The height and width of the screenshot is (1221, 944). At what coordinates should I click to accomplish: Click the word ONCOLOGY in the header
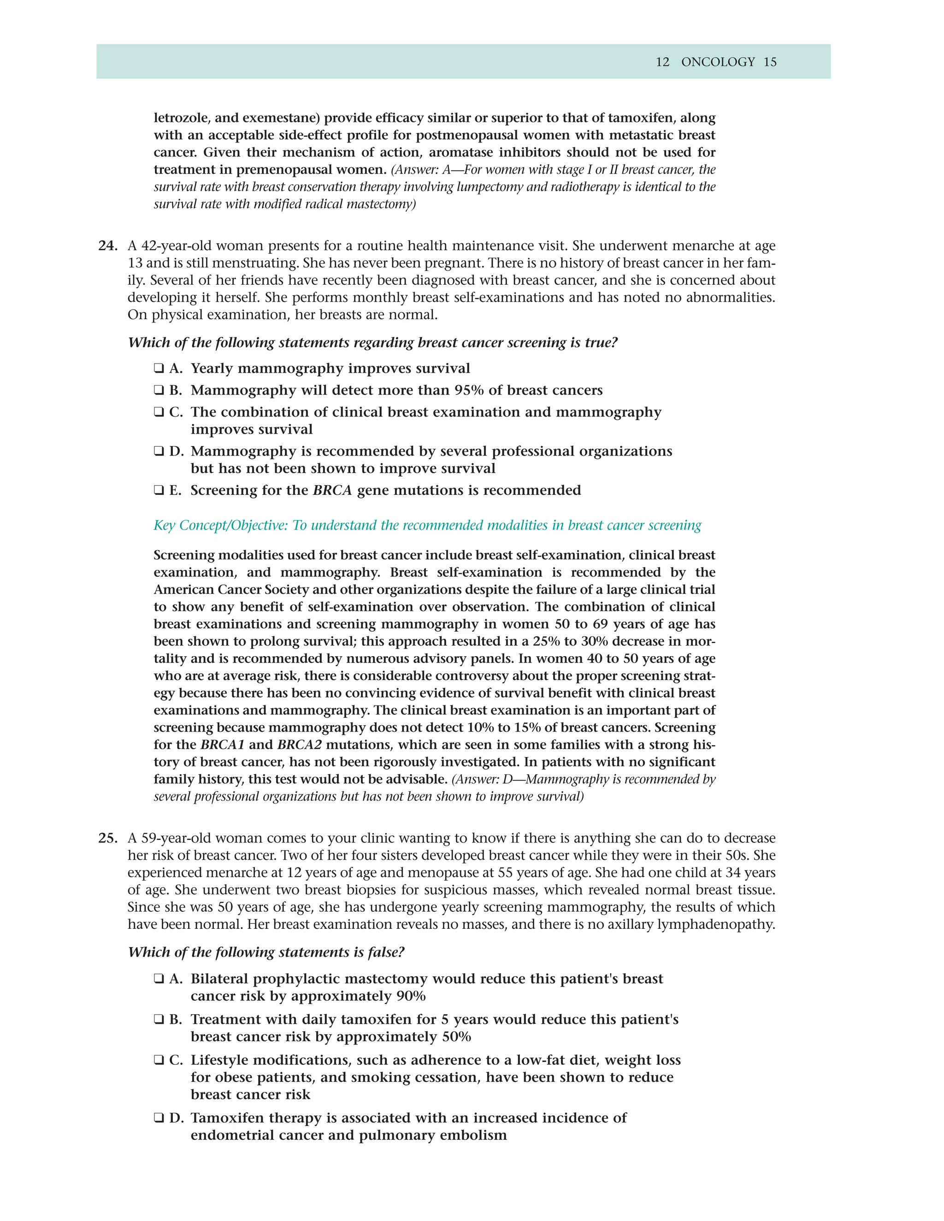pos(718,62)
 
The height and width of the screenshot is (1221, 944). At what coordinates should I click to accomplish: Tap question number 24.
pos(107,246)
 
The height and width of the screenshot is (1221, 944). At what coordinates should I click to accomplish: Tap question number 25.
pos(107,838)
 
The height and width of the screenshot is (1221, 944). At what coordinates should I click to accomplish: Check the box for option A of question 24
pos(159,369)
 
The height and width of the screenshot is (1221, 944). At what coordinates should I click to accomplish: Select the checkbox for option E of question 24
pos(159,490)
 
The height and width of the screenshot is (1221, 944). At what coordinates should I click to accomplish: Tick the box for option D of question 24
pos(159,451)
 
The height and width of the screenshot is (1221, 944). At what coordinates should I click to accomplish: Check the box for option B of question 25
pos(159,1019)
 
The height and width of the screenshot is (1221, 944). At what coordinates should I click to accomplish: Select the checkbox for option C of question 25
pos(159,1060)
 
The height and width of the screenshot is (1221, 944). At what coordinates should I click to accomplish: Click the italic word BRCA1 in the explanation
pos(222,745)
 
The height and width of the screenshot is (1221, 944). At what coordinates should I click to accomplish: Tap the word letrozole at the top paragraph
pos(181,118)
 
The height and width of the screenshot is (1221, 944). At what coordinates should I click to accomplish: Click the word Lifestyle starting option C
pos(220,1060)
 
